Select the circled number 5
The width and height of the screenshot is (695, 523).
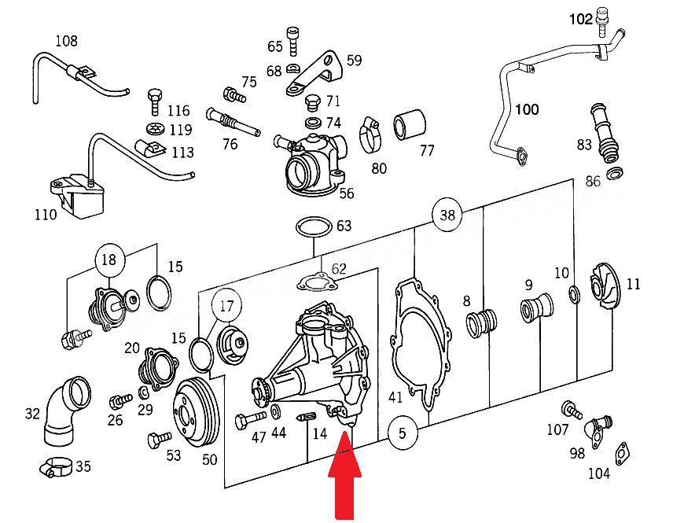pos(402,432)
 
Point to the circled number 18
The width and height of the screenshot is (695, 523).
pos(109,260)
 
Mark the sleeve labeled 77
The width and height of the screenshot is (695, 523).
pos(409,124)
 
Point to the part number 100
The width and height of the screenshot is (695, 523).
pos(527,109)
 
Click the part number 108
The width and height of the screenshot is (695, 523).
pos(67,41)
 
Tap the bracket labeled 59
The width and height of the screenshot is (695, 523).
pos(319,72)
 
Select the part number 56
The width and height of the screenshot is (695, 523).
pos(346,193)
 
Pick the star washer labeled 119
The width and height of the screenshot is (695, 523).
pos(155,128)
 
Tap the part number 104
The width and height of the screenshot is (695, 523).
pos(598,473)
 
